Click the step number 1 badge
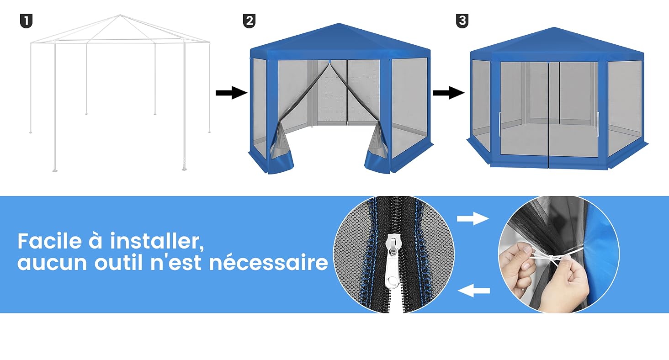coord(27,21)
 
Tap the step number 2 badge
coord(249,21)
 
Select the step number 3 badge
coord(462,21)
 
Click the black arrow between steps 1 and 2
coord(232,93)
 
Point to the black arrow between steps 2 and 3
coord(449,93)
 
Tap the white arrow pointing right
coord(473,218)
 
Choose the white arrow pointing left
coord(474,291)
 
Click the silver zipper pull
coord(392,261)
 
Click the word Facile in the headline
coord(50,241)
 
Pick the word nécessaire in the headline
coord(269,262)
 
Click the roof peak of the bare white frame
coord(120,15)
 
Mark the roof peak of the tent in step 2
coord(339,24)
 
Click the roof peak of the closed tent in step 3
coord(554,28)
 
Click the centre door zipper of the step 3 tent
coord(549,115)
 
